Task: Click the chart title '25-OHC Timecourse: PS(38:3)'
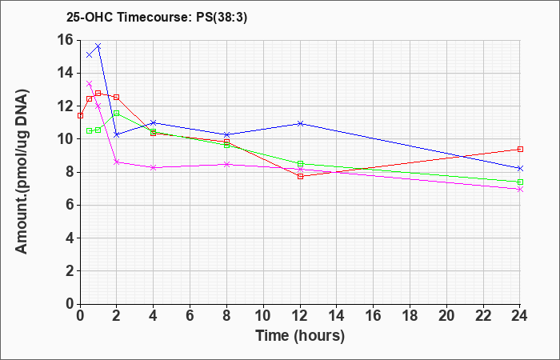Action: tap(157, 18)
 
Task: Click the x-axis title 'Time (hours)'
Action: tap(300, 336)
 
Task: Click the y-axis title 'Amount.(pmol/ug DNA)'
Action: tap(22, 172)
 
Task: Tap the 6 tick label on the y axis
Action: tap(70, 205)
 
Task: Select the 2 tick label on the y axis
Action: tap(70, 270)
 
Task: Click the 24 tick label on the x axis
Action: tap(520, 316)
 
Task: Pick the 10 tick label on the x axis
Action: tap(263, 316)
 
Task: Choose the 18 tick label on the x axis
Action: tap(410, 316)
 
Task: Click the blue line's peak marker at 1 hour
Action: tap(98, 46)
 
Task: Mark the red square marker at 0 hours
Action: tap(80, 116)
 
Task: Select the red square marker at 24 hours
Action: tap(520, 150)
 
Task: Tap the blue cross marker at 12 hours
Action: tap(300, 123)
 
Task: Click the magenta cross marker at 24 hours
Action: tap(520, 190)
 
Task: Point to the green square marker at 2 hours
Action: tap(117, 114)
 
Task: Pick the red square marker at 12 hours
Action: tap(300, 176)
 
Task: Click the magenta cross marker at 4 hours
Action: tap(154, 167)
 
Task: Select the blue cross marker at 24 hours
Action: tap(520, 168)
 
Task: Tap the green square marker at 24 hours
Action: tap(520, 182)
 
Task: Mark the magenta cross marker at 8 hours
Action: tap(226, 164)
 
